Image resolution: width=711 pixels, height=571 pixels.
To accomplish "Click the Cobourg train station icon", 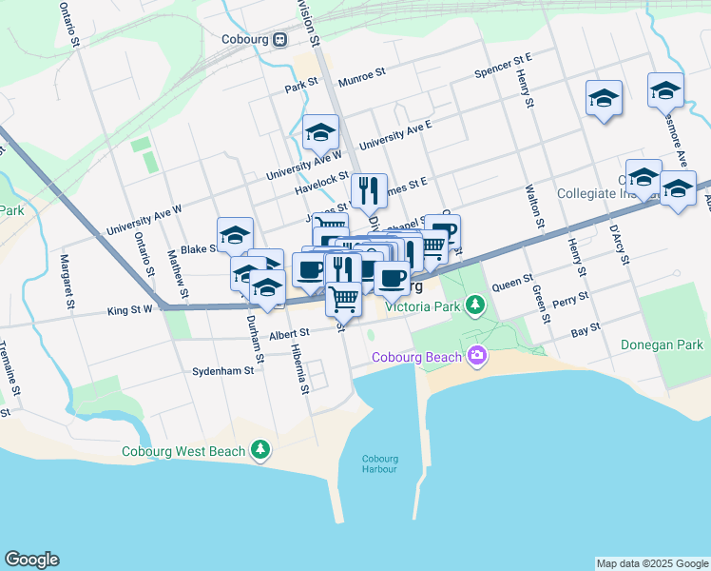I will tap(280, 40).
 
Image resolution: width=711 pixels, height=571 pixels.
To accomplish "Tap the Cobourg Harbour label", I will tap(379, 463).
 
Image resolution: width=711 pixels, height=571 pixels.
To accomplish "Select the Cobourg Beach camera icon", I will tap(476, 357).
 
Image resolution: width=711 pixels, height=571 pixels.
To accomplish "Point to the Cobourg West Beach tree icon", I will tap(259, 451).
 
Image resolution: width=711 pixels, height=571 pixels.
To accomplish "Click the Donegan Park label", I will tap(663, 345).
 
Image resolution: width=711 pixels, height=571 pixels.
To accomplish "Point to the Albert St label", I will tap(290, 333).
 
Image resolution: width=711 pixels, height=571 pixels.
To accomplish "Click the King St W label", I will tap(130, 310).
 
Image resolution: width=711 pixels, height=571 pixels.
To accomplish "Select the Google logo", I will tap(31, 560).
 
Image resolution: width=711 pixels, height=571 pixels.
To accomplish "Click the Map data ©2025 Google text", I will tap(651, 563).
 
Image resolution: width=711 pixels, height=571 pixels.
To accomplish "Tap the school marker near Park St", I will tap(321, 132).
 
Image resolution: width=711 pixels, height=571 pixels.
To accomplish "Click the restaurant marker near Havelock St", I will tap(369, 190).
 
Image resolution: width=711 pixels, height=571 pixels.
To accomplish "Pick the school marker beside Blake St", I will tap(235, 235).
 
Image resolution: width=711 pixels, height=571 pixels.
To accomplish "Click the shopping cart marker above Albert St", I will tap(343, 298).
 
